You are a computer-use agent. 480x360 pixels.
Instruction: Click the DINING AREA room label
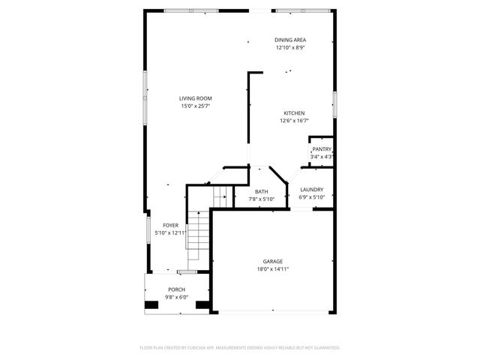289,40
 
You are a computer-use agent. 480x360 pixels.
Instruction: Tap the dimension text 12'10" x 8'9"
289,47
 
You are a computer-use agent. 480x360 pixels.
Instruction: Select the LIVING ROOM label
195,98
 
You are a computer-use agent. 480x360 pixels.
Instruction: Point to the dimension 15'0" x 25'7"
195,106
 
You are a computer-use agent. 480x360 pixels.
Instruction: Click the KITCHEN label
293,113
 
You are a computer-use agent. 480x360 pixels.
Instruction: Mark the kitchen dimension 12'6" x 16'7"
293,121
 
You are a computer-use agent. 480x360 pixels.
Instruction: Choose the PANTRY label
322,149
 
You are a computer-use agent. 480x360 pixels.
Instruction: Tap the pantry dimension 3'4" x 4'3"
322,157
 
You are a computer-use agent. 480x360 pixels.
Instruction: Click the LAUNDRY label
311,190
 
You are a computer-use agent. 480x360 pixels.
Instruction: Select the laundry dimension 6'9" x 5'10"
311,197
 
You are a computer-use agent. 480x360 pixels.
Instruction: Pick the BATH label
261,191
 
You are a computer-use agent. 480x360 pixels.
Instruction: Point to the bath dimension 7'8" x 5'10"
261,199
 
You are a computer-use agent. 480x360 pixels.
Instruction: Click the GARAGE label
272,261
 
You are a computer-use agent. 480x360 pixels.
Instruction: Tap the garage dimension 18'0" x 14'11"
272,268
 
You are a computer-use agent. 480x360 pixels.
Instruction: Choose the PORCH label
176,289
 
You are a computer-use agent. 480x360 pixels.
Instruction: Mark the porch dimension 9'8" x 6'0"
176,296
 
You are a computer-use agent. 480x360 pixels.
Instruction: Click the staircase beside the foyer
196,232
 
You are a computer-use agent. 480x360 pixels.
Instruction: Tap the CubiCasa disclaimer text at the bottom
240,347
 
